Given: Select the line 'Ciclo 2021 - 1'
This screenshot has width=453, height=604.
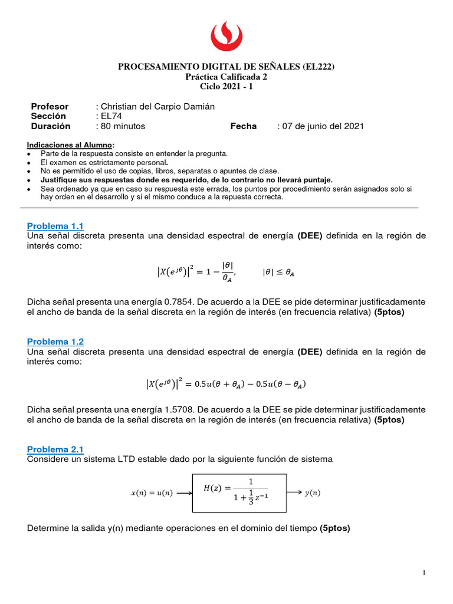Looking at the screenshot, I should click(x=226, y=86).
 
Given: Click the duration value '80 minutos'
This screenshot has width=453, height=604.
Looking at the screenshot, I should click(x=122, y=126).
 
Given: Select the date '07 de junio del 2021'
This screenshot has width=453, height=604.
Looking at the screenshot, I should click(x=323, y=126).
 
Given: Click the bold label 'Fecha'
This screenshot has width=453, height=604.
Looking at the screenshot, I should click(x=243, y=126).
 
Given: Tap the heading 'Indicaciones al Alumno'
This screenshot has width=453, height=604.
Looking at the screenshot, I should click(x=71, y=145).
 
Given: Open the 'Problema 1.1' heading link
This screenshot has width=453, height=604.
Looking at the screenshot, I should click(x=55, y=226).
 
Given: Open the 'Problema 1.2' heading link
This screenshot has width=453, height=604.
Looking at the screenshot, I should click(x=55, y=342).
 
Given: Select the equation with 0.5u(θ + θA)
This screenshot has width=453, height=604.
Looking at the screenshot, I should click(x=226, y=384).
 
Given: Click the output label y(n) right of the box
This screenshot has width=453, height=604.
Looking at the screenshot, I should click(x=313, y=493).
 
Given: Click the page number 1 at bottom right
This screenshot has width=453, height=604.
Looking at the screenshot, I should click(x=424, y=572).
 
